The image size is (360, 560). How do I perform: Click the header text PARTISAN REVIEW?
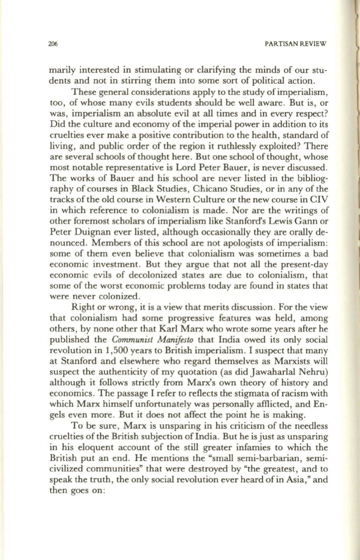click(x=299, y=44)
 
